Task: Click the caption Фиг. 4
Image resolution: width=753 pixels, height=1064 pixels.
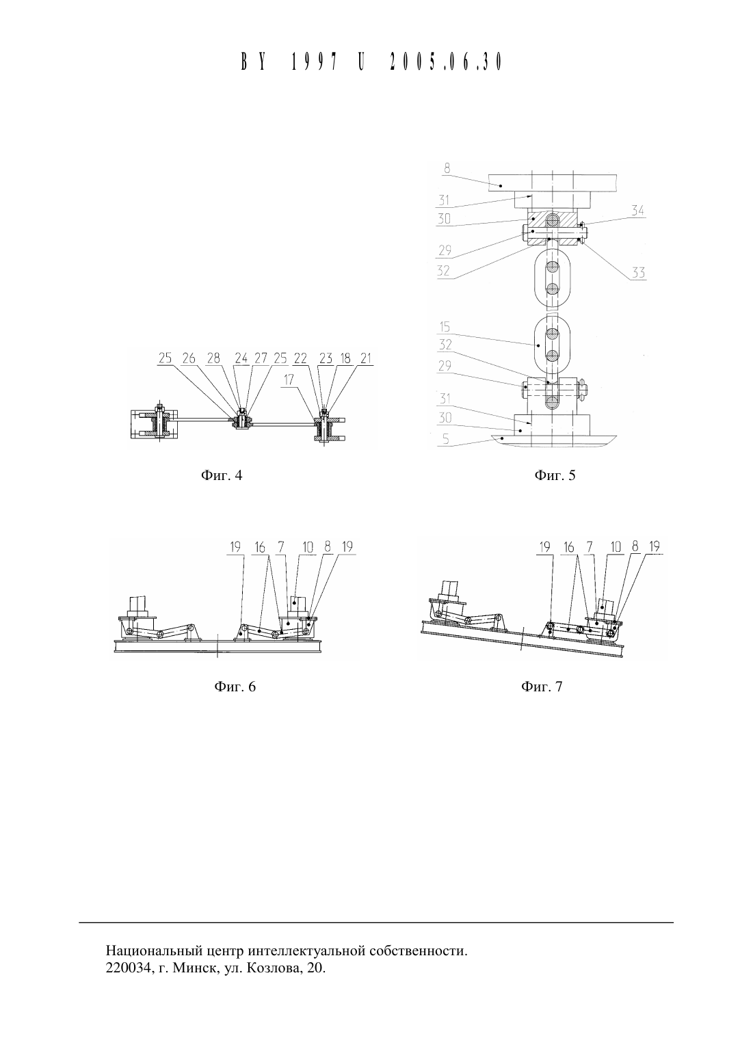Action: pyautogui.click(x=222, y=475)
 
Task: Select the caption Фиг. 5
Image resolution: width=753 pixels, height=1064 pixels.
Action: pyautogui.click(x=555, y=475)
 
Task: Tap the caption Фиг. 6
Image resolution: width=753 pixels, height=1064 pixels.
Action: pyautogui.click(x=235, y=687)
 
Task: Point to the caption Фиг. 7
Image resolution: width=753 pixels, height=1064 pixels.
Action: pyautogui.click(x=542, y=687)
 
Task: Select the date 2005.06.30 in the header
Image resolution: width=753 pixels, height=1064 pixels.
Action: pyautogui.click(x=445, y=62)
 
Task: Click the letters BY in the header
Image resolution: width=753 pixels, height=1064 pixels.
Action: pyautogui.click(x=252, y=62)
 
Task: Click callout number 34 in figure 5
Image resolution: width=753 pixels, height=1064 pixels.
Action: pyautogui.click(x=637, y=211)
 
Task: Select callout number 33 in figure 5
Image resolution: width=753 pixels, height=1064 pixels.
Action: pyautogui.click(x=638, y=273)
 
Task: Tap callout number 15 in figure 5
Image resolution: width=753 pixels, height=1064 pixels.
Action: pyautogui.click(x=445, y=328)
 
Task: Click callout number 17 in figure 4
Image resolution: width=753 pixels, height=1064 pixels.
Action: pyautogui.click(x=289, y=379)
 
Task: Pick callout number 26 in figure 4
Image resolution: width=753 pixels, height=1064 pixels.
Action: pyautogui.click(x=189, y=358)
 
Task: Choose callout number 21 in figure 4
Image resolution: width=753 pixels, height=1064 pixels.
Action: pyautogui.click(x=365, y=358)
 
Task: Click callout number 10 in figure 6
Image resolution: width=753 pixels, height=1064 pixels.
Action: pyautogui.click(x=308, y=548)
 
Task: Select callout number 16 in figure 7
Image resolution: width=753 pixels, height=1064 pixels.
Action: pyautogui.click(x=568, y=548)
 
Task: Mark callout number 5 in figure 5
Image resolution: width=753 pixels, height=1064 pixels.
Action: pyautogui.click(x=445, y=440)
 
